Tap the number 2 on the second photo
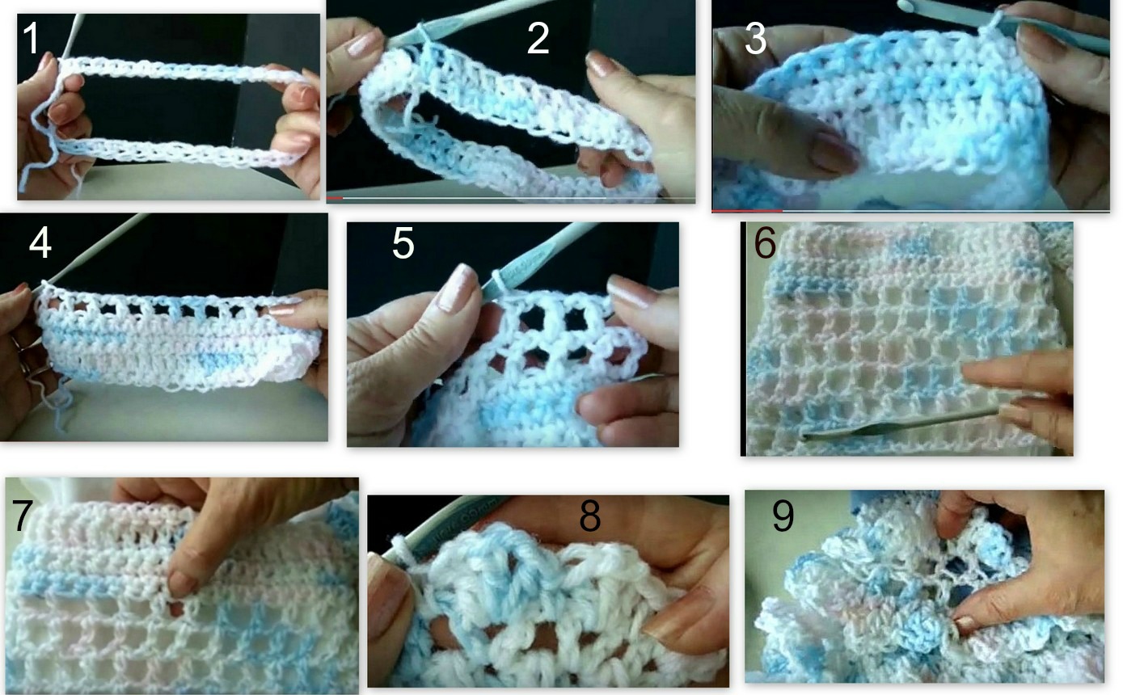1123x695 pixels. [538, 39]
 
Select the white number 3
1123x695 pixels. [755, 40]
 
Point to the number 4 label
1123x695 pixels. [40, 243]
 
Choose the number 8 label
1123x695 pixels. [589, 517]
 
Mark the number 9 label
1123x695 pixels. [783, 517]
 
